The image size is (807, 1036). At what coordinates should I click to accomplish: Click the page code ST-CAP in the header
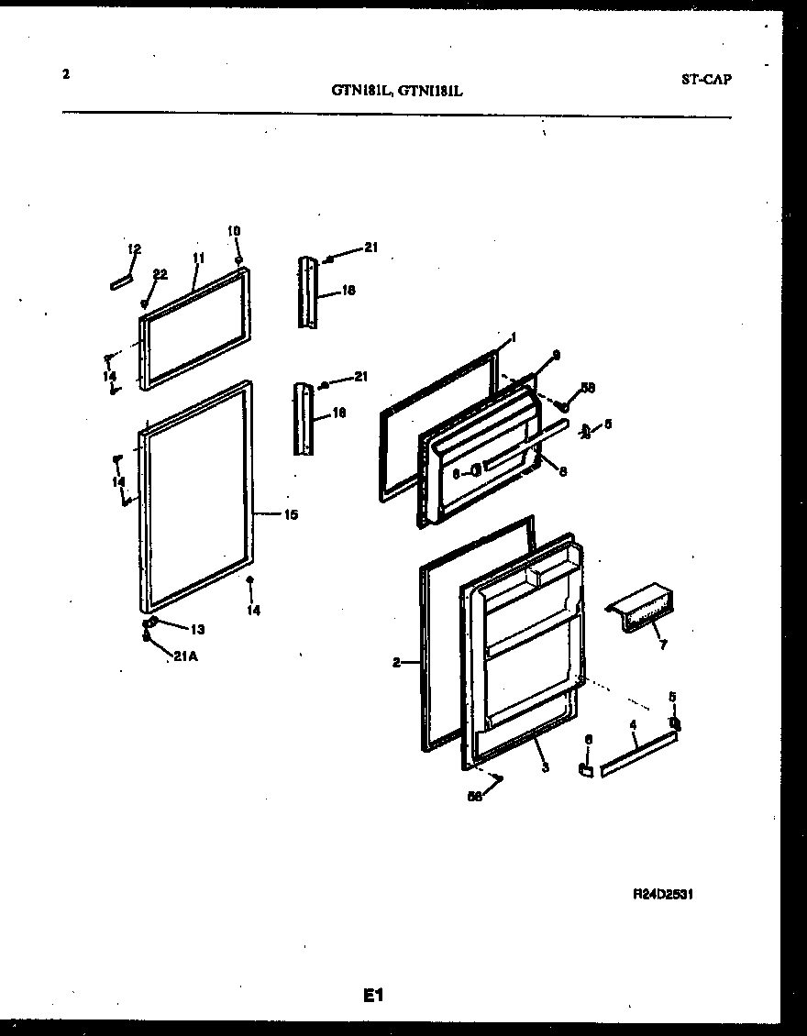coord(706,79)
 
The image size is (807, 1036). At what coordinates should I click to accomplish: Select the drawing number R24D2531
coord(669,894)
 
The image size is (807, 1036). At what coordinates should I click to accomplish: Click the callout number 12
coord(135,249)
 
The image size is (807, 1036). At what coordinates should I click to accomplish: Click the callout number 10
coord(234,230)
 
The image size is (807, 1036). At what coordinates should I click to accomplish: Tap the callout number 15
coord(290,515)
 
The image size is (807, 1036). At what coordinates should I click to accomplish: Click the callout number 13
coord(197,629)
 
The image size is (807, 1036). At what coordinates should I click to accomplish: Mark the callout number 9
coord(555,355)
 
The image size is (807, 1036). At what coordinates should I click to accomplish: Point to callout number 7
coord(662,645)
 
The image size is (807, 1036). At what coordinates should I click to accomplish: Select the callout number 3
coord(545,767)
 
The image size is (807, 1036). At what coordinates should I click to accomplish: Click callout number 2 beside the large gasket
coord(397,662)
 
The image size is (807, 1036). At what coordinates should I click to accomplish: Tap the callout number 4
coord(633,725)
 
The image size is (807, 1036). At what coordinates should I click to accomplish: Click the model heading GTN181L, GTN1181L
coord(397,91)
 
